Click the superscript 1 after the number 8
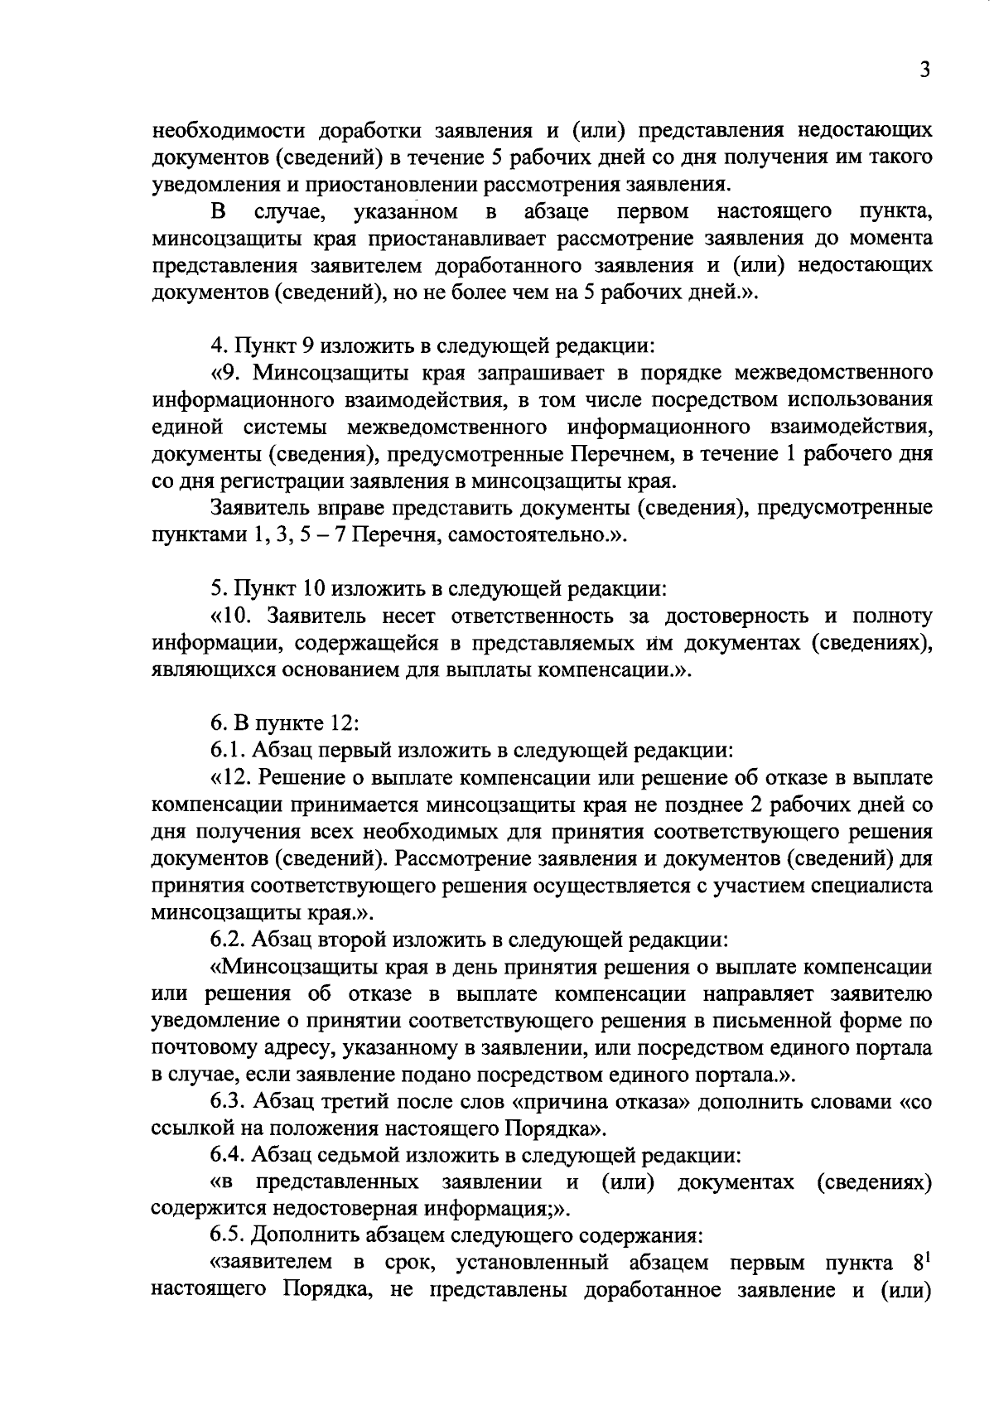click(x=929, y=1257)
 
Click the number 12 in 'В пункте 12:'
click(x=342, y=723)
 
